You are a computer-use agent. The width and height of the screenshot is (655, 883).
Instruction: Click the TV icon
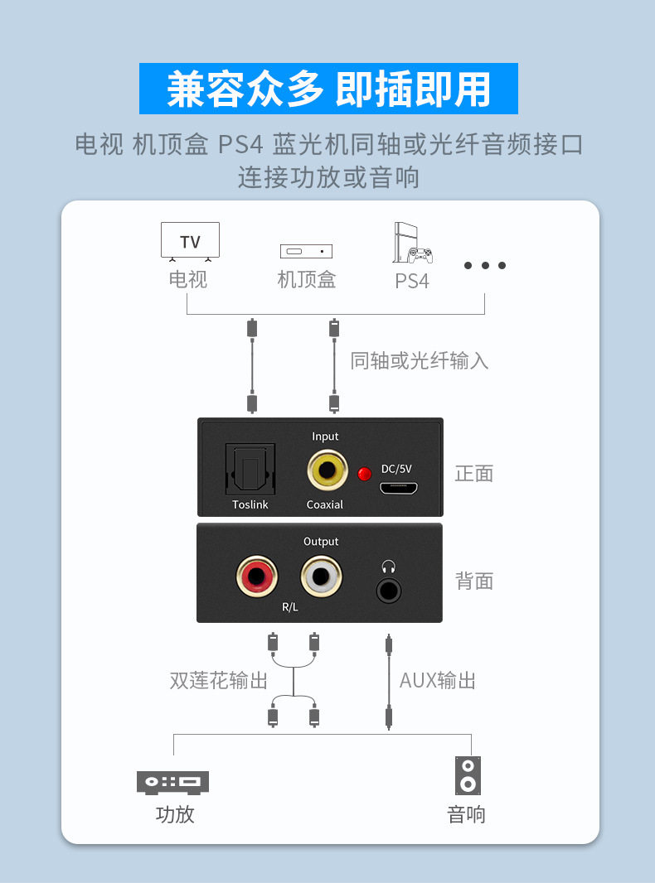[x=190, y=241]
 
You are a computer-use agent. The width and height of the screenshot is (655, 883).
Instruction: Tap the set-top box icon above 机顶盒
[x=306, y=251]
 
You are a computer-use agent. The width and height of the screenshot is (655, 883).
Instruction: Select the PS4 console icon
[x=411, y=244]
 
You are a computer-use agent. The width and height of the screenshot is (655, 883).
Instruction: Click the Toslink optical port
[x=250, y=470]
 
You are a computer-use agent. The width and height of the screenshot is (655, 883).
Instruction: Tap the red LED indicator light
[x=363, y=474]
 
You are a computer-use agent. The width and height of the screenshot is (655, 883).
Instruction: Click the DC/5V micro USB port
[x=398, y=487]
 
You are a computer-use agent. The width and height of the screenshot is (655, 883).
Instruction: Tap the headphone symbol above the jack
[x=388, y=567]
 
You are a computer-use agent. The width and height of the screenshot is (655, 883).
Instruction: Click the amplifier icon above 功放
[x=172, y=782]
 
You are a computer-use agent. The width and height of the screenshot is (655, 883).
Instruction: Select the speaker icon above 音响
[x=468, y=775]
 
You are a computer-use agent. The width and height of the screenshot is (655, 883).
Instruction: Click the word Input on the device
[x=325, y=437]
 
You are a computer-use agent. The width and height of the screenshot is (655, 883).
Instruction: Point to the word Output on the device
[x=321, y=542]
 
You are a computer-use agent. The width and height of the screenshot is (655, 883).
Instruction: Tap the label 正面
[x=474, y=474]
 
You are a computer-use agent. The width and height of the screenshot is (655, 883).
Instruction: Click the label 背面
[x=474, y=581]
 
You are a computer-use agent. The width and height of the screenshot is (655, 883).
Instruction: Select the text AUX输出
[x=437, y=681]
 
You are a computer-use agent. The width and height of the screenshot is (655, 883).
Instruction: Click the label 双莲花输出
[x=219, y=681]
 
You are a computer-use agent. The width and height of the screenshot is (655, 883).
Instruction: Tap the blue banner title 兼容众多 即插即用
[x=328, y=89]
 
